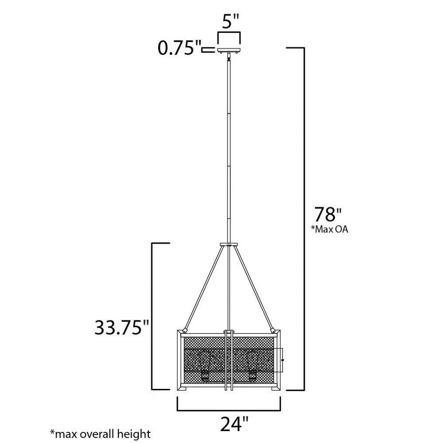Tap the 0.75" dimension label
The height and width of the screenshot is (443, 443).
[x=179, y=48]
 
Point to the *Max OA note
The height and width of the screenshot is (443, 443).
[x=330, y=229]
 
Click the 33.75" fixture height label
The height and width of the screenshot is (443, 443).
[x=122, y=327]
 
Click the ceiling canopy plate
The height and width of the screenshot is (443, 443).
[x=229, y=51]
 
